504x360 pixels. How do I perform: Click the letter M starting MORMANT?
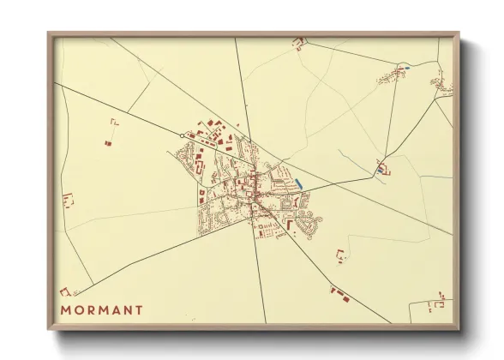(66, 309)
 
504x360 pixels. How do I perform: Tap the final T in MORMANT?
(139, 309)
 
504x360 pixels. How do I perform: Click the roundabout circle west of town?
(182, 135)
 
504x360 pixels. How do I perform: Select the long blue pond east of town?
(298, 183)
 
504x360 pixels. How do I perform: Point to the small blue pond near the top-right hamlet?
(406, 68)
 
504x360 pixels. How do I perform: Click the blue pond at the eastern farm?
(380, 171)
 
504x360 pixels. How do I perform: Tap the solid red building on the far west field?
(108, 143)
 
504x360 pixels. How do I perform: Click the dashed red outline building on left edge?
(68, 201)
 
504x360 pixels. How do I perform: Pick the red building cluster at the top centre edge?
(299, 42)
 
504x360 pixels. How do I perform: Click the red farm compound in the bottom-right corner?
(439, 302)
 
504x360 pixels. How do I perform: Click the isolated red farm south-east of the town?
(340, 255)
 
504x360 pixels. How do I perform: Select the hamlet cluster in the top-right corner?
(441, 83)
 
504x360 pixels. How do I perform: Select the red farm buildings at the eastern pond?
(384, 167)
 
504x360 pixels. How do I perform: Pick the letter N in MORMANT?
(127, 309)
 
